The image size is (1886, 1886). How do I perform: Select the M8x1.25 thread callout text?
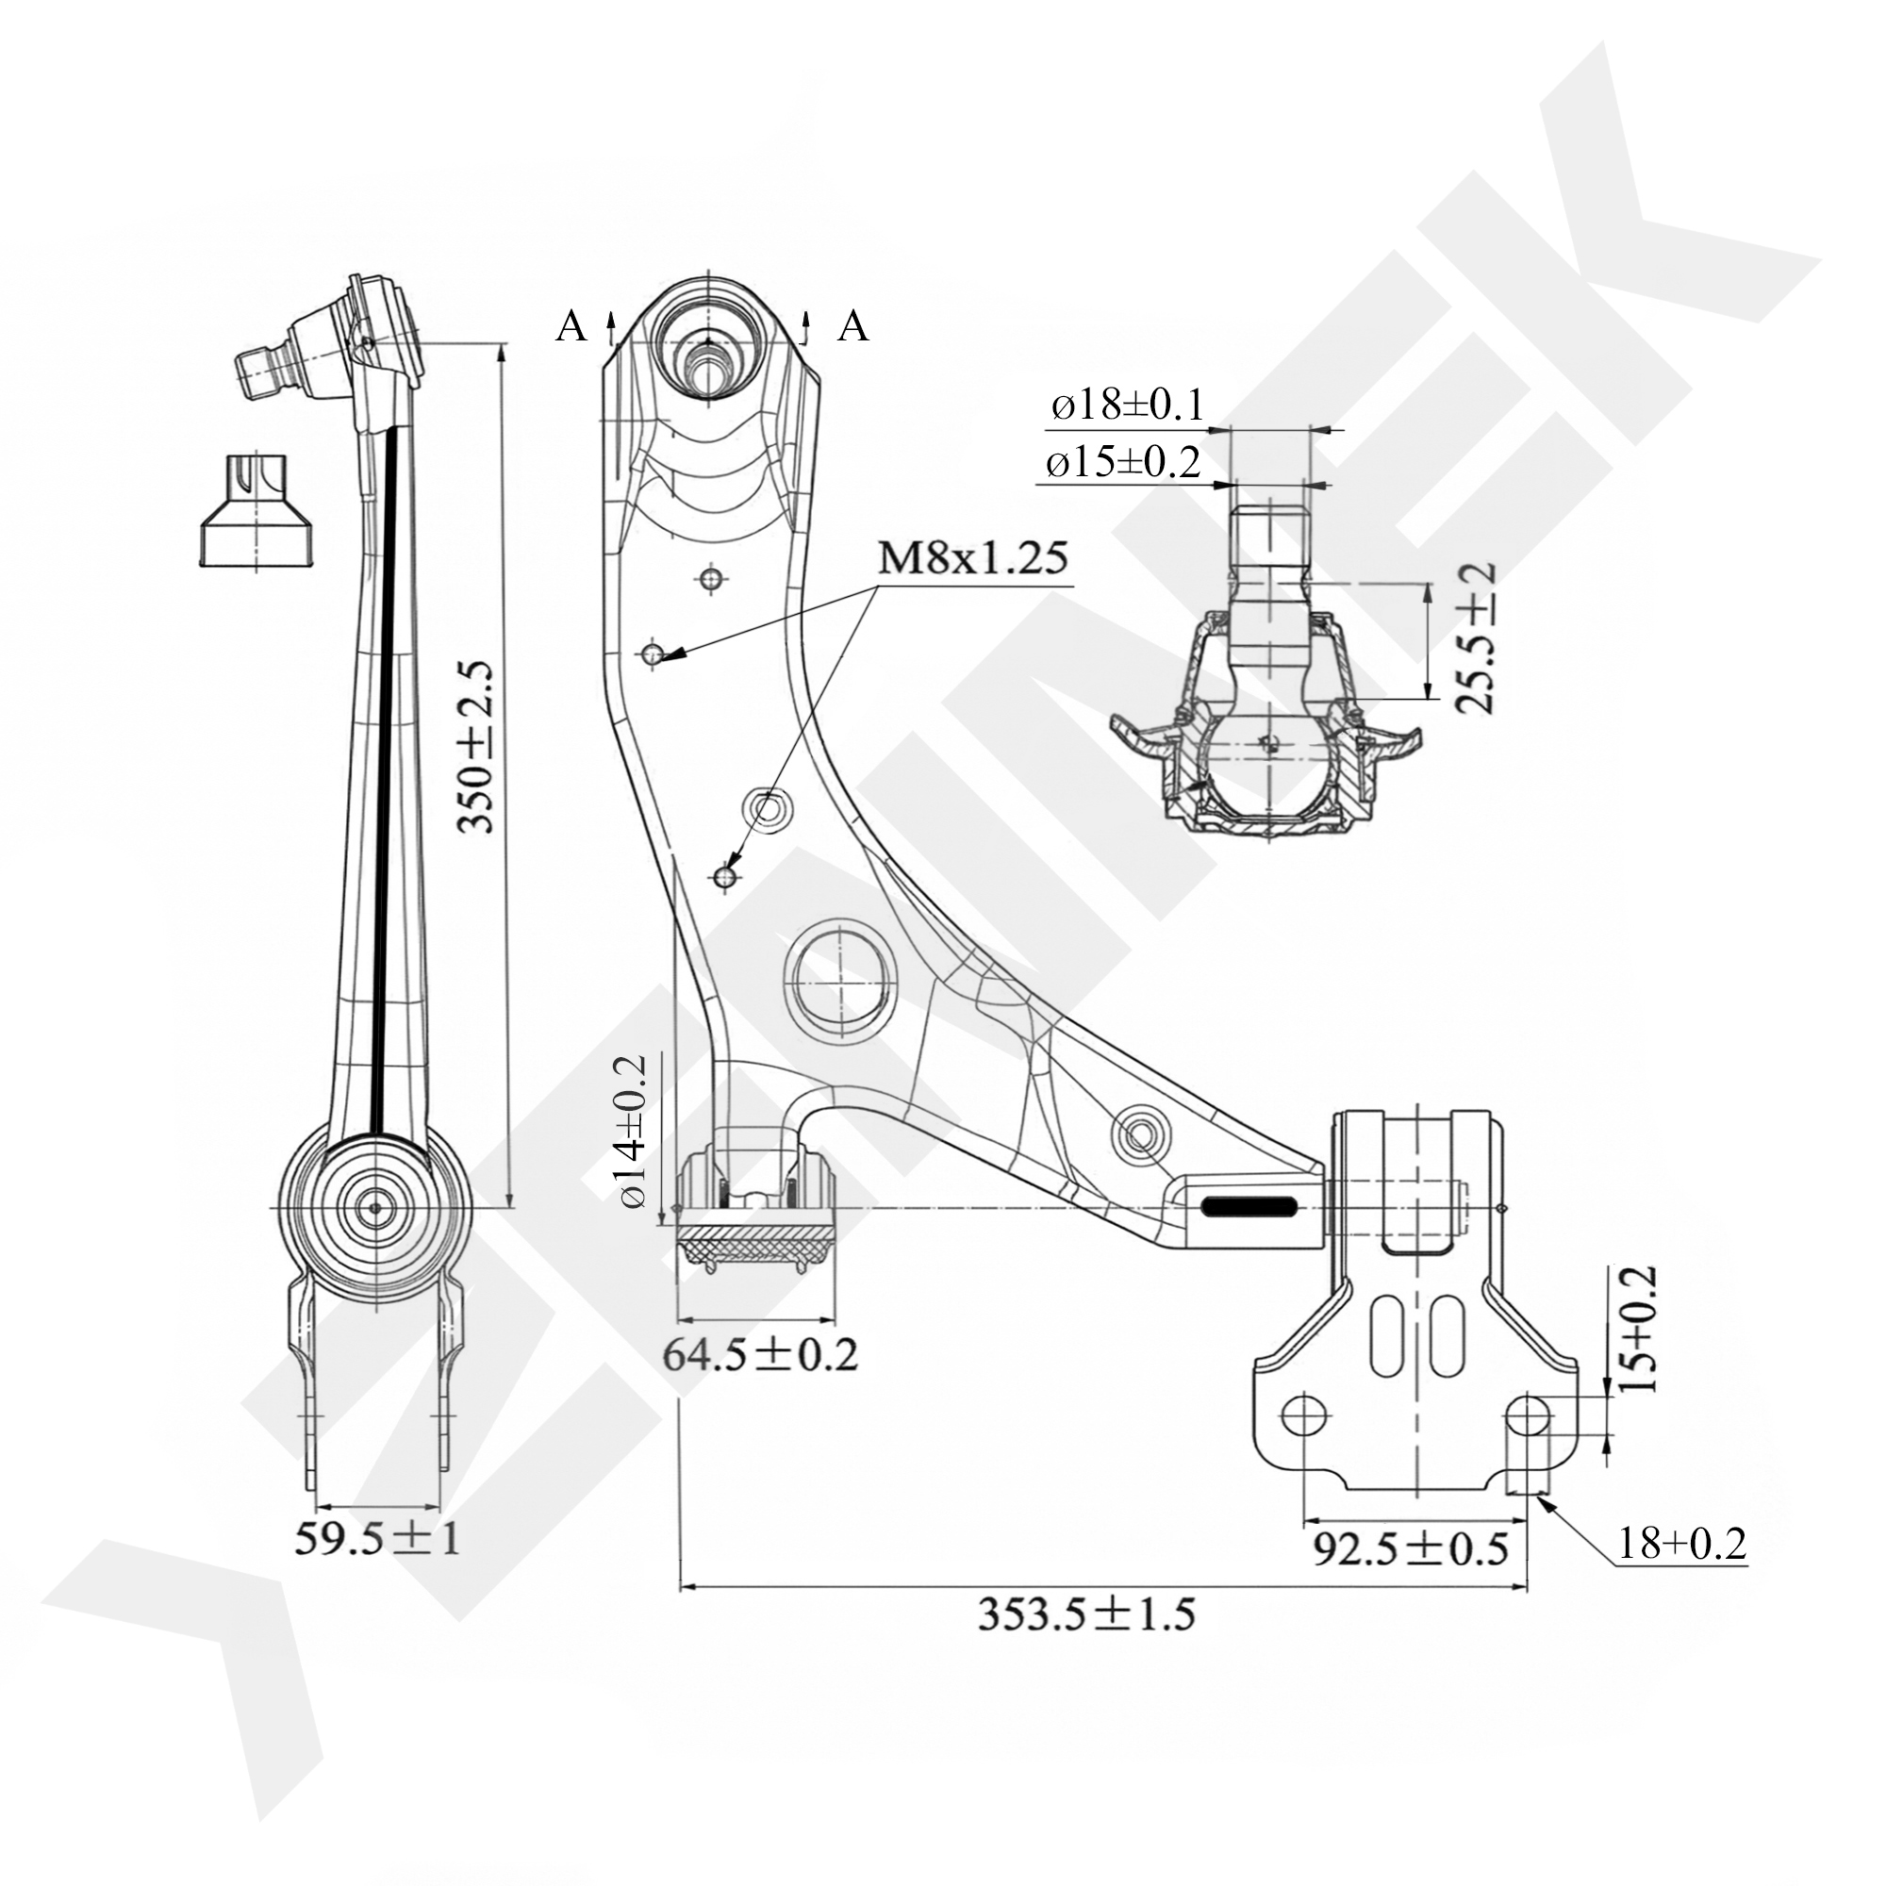(972, 558)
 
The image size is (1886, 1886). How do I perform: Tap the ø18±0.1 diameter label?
(1128, 405)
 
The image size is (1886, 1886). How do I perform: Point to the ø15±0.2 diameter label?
(1122, 462)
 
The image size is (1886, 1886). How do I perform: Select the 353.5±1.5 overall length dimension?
(1086, 1613)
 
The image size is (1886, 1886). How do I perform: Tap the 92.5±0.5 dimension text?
(1410, 1548)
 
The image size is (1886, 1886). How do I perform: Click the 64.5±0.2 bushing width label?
(760, 1356)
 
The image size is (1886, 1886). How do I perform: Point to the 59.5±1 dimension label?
(377, 1540)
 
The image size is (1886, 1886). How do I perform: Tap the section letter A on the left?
(572, 326)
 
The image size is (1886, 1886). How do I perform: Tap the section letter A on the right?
(853, 326)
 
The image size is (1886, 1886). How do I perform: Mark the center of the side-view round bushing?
(376, 1208)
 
